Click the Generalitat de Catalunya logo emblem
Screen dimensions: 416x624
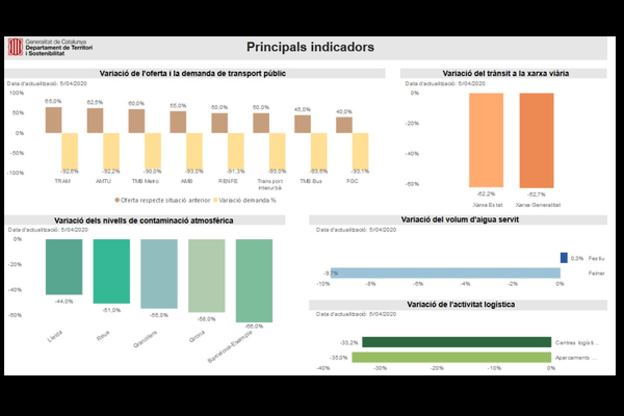coord(15,47)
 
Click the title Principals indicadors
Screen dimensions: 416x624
coord(310,47)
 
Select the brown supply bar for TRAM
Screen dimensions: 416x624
coord(54,120)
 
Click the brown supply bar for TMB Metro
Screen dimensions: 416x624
coord(137,121)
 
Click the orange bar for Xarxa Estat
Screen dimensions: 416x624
coord(486,140)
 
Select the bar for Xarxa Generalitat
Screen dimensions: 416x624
coord(536,140)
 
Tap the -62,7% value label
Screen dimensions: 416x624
coord(536,194)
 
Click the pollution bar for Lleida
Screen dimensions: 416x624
coord(64,267)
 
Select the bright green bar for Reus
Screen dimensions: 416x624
coord(111,271)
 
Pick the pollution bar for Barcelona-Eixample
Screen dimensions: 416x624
coord(254,281)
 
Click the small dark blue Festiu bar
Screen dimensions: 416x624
coord(564,258)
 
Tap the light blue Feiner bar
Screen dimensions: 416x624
coord(445,273)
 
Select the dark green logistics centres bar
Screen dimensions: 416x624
coord(457,342)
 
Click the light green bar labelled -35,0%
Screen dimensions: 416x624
coord(451,357)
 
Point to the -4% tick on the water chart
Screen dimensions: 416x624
coord(465,284)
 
